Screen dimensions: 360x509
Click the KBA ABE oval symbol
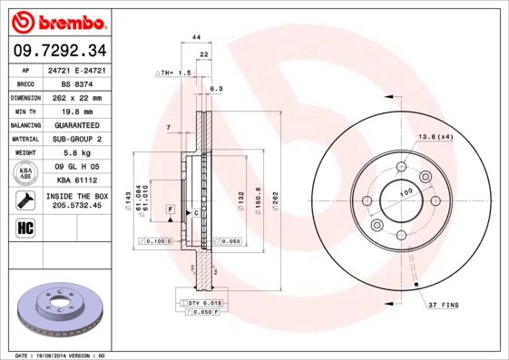pyautogui.click(x=26, y=173)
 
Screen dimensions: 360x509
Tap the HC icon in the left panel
pyautogui.click(x=26, y=227)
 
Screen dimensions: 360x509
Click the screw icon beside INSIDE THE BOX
pyautogui.click(x=26, y=199)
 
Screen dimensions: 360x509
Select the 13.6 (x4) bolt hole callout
pyautogui.click(x=435, y=136)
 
